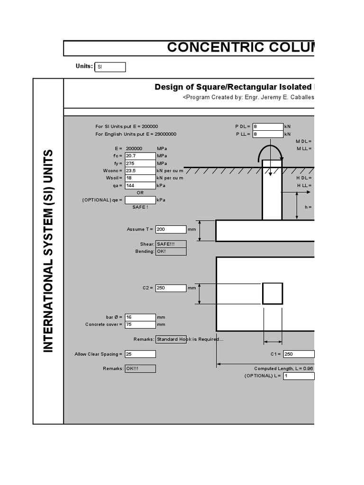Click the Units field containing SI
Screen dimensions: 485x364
coord(110,67)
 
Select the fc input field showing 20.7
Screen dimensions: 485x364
coord(140,156)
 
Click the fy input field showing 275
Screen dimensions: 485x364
coord(140,163)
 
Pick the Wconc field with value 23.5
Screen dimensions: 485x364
coord(140,171)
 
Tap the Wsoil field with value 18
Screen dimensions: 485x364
coord(140,178)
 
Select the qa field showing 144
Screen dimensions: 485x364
coord(140,186)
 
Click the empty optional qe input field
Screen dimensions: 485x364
coord(140,200)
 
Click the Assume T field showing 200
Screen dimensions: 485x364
coord(171,229)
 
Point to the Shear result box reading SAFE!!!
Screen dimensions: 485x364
coord(171,244)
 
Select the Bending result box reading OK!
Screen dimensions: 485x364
coord(171,251)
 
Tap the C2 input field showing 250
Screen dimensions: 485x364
coord(171,287)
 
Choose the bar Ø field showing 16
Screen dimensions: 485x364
coord(140,317)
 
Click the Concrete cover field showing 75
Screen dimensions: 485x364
coord(140,324)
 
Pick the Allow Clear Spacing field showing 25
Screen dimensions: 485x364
coord(140,354)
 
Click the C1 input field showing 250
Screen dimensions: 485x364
coord(299,354)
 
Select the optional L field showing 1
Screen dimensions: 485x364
coord(299,376)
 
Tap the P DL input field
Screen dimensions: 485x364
coord(268,126)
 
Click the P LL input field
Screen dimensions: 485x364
coord(268,134)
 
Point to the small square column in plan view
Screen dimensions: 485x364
coord(273,294)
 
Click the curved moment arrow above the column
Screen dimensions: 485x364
coord(270,151)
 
